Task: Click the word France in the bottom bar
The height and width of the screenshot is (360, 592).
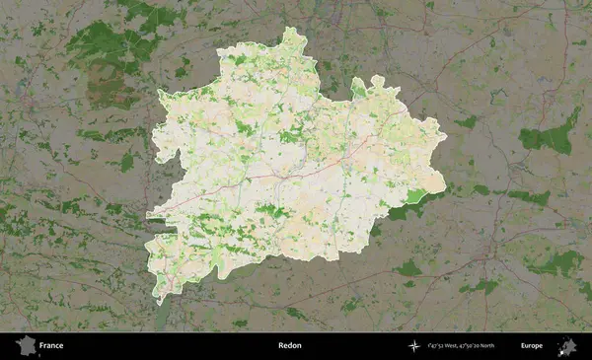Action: [x=50, y=346]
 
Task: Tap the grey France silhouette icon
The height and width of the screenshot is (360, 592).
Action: [x=25, y=345]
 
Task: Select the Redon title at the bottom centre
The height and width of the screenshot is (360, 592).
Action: [x=290, y=346]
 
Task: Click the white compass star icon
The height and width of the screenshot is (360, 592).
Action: [x=414, y=346]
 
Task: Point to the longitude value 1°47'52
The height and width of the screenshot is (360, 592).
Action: [x=440, y=346]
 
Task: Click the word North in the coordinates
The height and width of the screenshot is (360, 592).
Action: [x=510, y=346]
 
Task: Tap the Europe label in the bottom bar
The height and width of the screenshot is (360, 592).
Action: [x=532, y=346]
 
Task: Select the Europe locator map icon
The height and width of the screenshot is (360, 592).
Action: [x=567, y=345]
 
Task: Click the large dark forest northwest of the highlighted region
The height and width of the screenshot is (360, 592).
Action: [x=104, y=44]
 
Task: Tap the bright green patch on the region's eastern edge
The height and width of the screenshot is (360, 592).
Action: [x=418, y=196]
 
